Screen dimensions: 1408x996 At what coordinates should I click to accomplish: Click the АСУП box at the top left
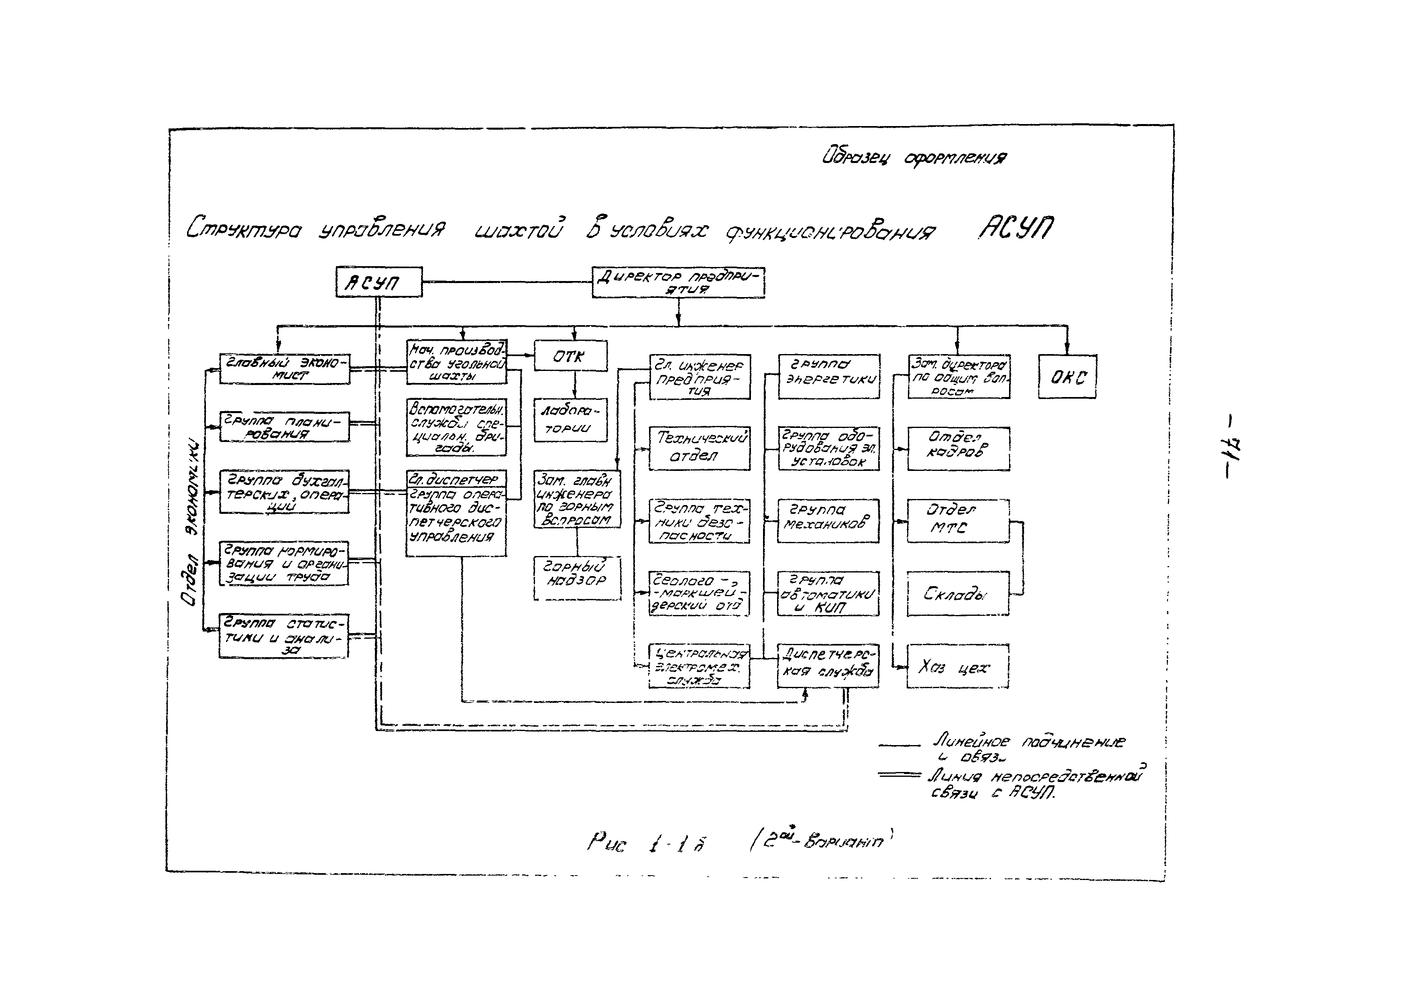[x=378, y=282]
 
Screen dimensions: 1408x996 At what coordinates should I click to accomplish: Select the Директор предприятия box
[x=678, y=283]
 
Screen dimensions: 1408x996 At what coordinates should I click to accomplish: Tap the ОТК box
[x=570, y=356]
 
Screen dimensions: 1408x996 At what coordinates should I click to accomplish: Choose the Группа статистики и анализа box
[x=283, y=636]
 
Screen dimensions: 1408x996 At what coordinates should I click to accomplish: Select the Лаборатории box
[x=570, y=420]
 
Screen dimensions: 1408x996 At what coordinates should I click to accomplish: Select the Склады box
[x=958, y=593]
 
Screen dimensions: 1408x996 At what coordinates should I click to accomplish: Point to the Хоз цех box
[x=958, y=666]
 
